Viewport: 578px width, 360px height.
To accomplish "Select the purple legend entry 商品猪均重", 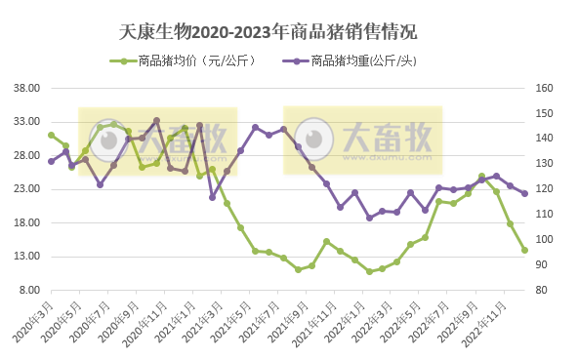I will [361, 60].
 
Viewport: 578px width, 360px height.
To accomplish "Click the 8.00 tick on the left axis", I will [31, 290].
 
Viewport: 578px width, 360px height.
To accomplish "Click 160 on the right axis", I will [543, 88].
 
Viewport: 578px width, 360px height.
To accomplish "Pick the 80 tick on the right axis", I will [541, 290].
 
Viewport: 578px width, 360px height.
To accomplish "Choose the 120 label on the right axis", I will [543, 189].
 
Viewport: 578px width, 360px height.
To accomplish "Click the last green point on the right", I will [524, 250].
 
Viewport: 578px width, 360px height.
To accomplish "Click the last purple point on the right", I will [524, 193].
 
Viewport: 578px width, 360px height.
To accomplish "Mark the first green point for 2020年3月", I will [52, 135].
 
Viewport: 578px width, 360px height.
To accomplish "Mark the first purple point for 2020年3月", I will [52, 161].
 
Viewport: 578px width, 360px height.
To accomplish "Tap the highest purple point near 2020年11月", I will [157, 121].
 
